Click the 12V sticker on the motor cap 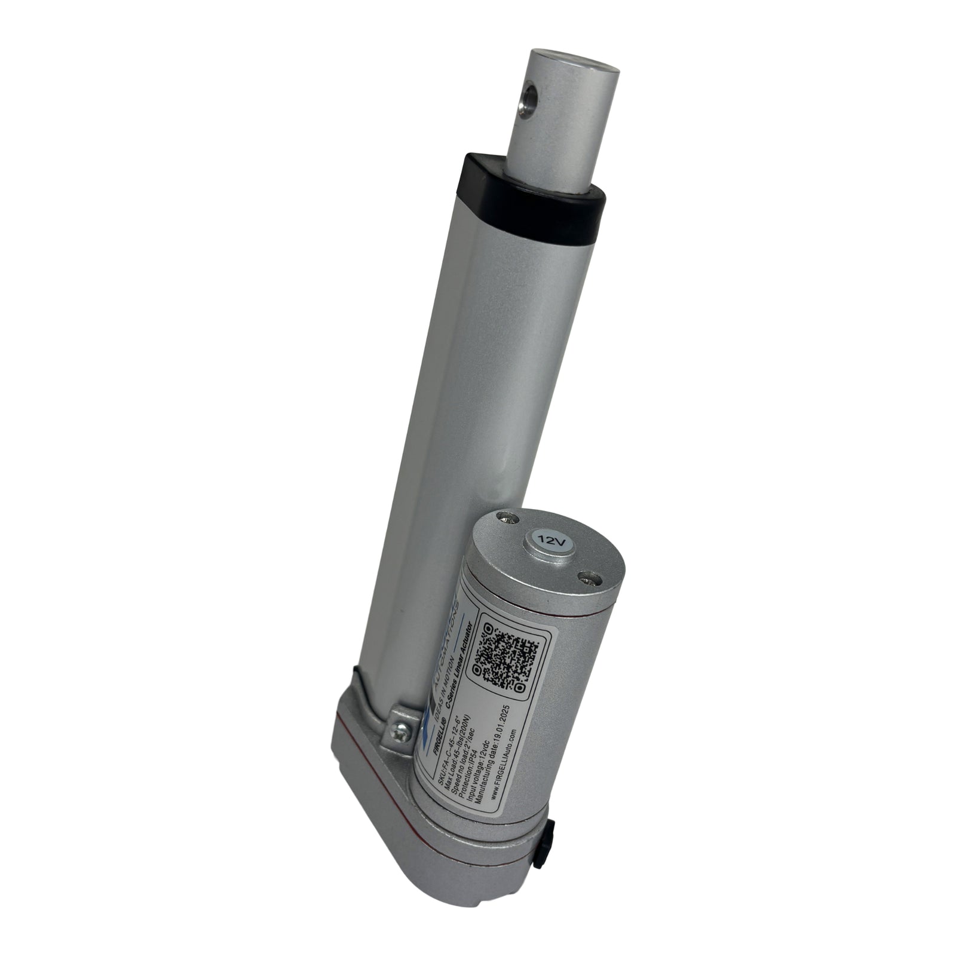coord(548,540)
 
